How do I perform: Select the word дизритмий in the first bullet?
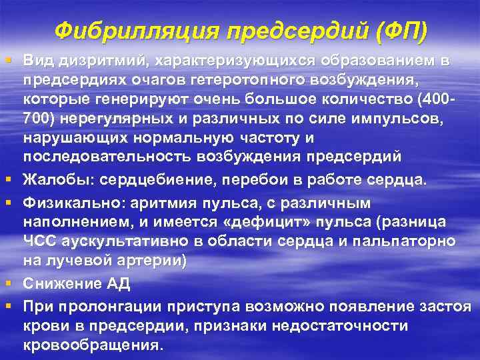[x=99, y=61]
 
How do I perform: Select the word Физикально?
[x=70, y=201]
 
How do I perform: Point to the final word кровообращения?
[x=91, y=347]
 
